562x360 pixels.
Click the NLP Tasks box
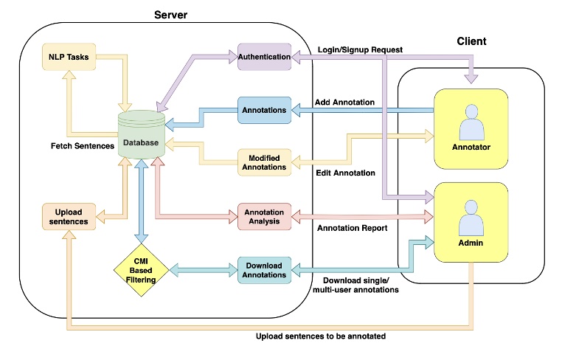coord(69,57)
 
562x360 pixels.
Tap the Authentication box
coord(264,57)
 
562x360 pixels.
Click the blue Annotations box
coord(264,111)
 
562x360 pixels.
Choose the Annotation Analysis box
coord(264,217)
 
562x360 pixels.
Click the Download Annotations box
coord(264,270)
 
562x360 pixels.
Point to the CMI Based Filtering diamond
coord(140,269)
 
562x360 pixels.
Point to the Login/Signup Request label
coord(359,49)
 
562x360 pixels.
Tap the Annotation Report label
coord(353,228)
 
